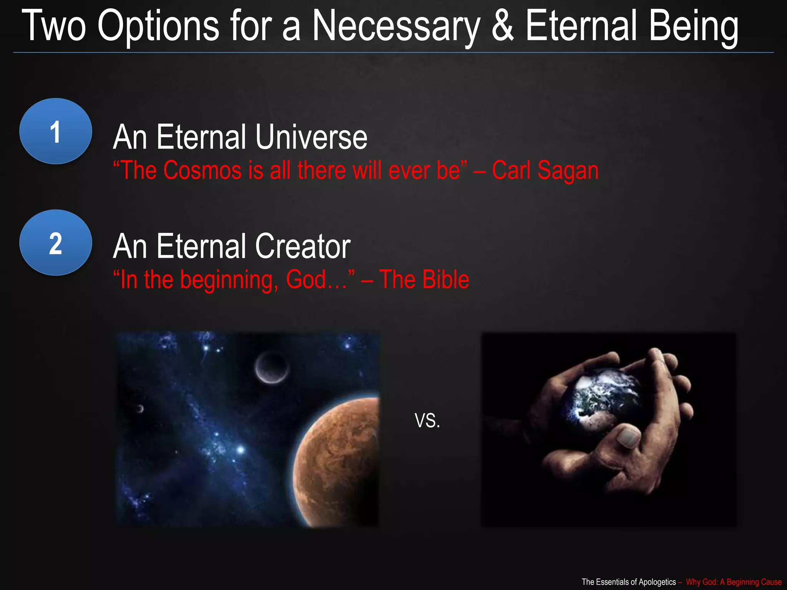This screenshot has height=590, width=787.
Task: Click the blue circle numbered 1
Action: pyautogui.click(x=56, y=131)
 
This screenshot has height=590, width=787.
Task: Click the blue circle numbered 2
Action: pyautogui.click(x=56, y=242)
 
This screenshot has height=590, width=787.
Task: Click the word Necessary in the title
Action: pyautogui.click(x=396, y=26)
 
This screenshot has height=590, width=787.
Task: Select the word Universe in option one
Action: pyautogui.click(x=311, y=137)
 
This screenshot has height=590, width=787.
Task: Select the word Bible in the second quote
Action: pyautogui.click(x=445, y=279)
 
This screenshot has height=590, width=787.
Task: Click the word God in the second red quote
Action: pyautogui.click(x=306, y=279)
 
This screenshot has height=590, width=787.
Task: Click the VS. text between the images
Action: pyautogui.click(x=427, y=421)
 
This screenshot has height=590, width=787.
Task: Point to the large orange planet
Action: pyautogui.click(x=338, y=461)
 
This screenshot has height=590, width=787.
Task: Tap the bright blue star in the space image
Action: pyautogui.click(x=241, y=449)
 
